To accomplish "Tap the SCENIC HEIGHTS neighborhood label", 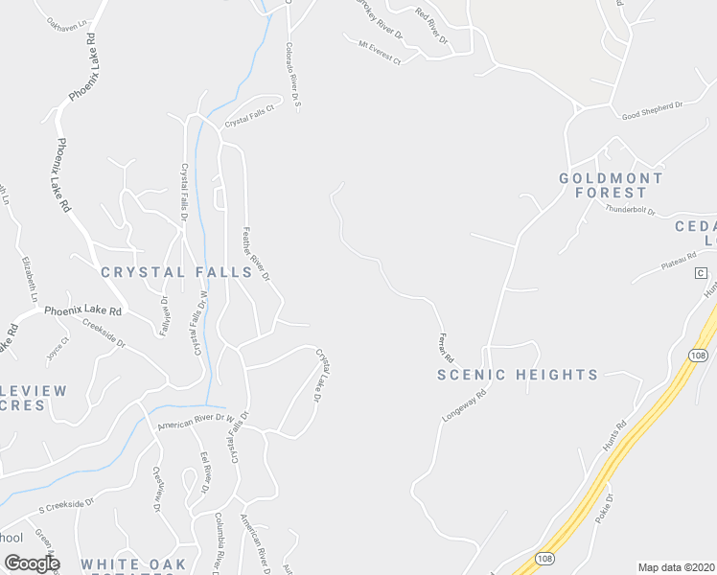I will click(x=518, y=375).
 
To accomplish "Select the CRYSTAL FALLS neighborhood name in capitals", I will click(x=176, y=272).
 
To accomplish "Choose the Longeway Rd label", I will click(x=465, y=406).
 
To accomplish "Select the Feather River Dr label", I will click(x=257, y=252).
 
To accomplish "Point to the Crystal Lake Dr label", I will click(x=323, y=376).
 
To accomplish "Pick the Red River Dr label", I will click(x=431, y=26).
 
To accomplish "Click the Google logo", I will click(x=32, y=563).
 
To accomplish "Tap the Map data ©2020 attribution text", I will click(x=677, y=567).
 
